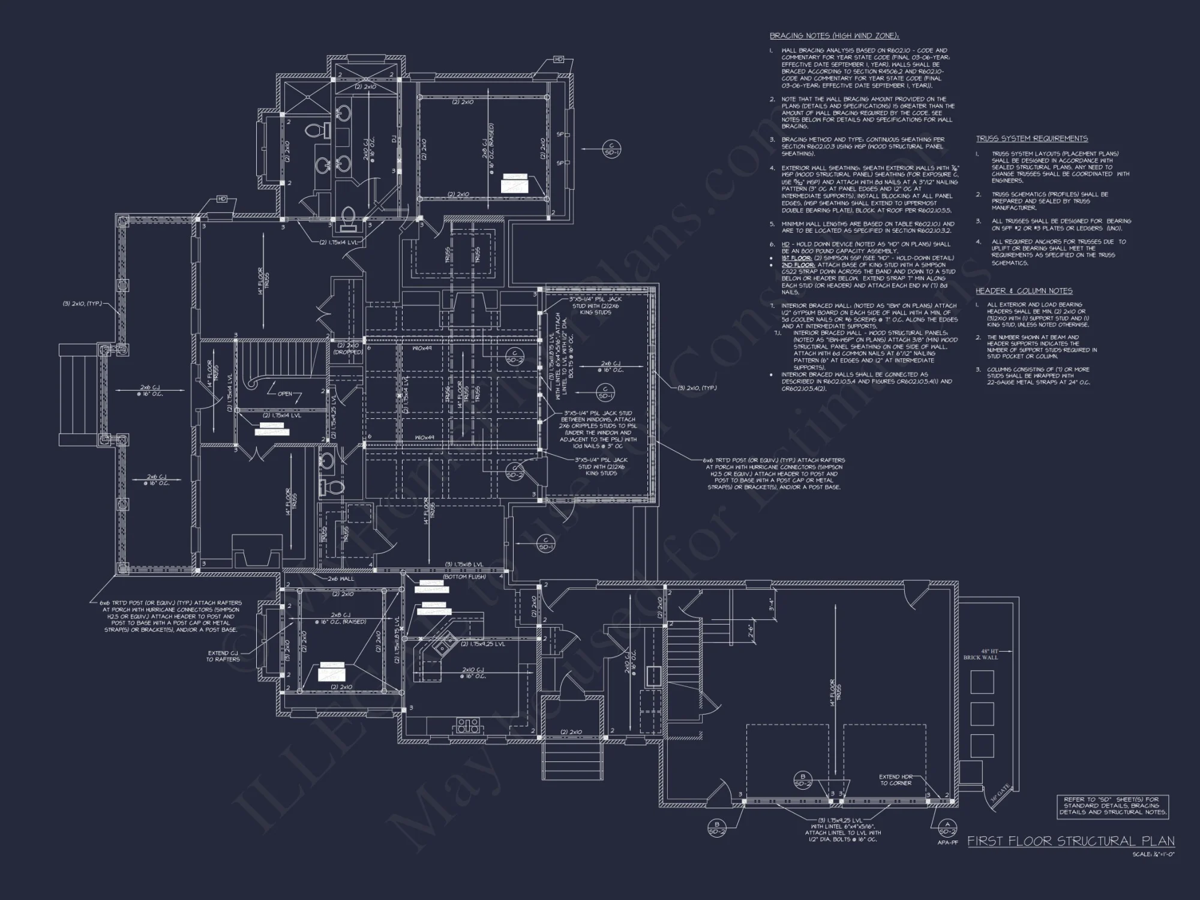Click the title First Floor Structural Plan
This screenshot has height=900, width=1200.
coord(1070,841)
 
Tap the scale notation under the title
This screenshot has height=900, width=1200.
coord(1153,854)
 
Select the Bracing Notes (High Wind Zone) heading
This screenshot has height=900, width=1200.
coord(835,36)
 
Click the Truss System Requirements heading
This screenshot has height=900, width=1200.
coord(1031,139)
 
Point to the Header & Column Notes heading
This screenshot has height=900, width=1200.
coord(1024,291)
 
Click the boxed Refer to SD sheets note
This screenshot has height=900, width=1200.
coord(1112,806)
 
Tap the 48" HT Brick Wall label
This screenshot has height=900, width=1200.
coord(980,654)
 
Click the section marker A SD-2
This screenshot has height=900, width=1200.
coord(947,828)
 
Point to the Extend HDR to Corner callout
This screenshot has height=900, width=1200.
coord(896,780)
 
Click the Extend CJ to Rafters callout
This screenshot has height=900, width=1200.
coord(223,656)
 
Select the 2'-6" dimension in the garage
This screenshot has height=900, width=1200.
coord(751,631)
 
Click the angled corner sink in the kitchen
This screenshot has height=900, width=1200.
coord(443,647)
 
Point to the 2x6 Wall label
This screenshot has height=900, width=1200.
coord(341,579)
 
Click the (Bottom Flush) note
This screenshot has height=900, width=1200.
coord(464,577)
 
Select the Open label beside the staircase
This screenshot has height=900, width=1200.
coord(285,394)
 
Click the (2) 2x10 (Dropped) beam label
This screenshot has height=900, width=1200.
coord(348,349)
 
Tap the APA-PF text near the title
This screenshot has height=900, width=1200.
coord(946,842)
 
